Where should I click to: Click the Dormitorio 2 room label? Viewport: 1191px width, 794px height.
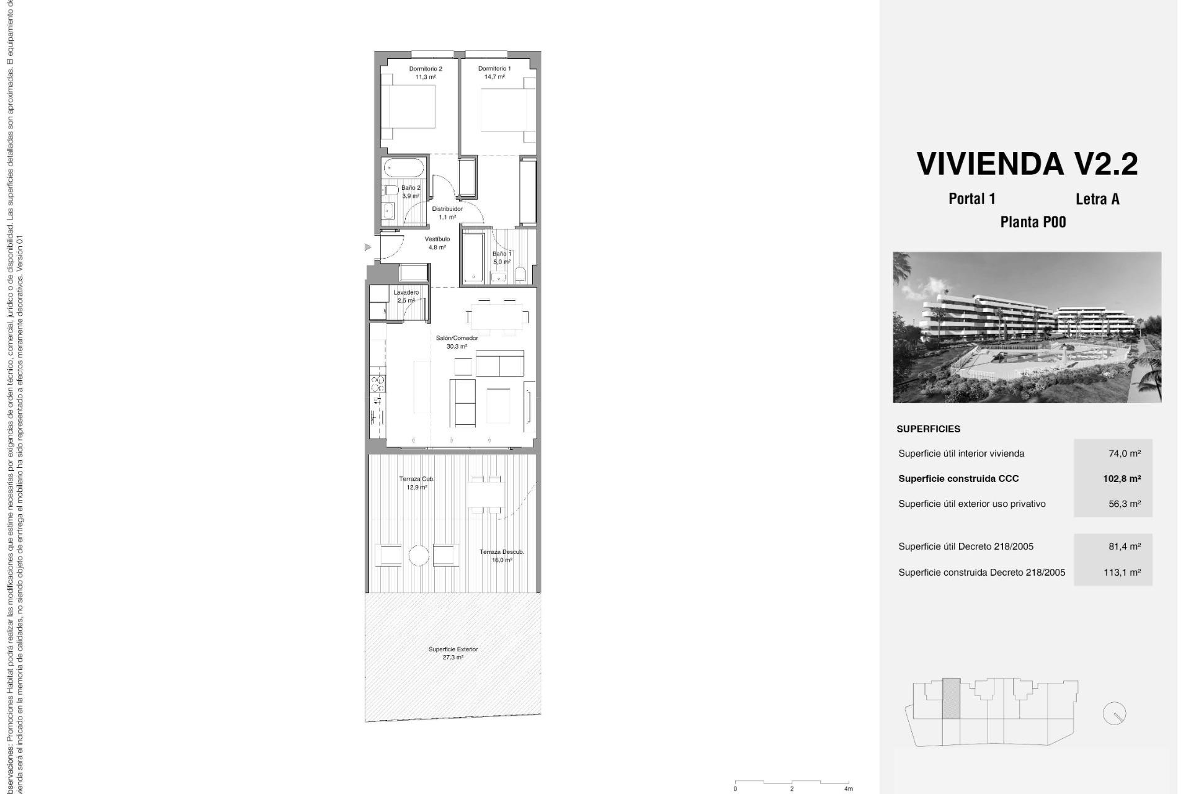425,73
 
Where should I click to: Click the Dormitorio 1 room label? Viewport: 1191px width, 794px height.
494,73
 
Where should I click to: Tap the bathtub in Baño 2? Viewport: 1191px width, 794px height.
404,167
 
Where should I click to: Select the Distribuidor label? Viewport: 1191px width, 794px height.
447,213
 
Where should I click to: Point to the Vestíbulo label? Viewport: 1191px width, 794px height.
437,243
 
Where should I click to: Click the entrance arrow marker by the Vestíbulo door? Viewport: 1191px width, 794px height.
368,248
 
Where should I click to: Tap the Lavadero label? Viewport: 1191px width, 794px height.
406,296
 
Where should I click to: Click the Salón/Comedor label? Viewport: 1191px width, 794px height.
457,342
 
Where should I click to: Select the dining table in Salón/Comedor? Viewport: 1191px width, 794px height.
495,317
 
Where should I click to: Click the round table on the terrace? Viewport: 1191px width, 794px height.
419,555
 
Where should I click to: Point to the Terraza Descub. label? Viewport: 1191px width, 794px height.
501,555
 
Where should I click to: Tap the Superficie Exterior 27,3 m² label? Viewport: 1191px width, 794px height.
453,653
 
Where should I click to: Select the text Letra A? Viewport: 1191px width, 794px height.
1097,199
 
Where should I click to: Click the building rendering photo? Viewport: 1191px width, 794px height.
1027,327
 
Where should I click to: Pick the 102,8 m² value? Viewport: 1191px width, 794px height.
1122,478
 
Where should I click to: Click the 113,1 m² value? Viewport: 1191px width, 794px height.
1122,573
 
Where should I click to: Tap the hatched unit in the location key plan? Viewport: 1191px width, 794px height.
951,698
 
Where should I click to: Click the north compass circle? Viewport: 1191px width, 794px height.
1114,713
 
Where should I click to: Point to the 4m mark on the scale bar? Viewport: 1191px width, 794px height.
848,788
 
